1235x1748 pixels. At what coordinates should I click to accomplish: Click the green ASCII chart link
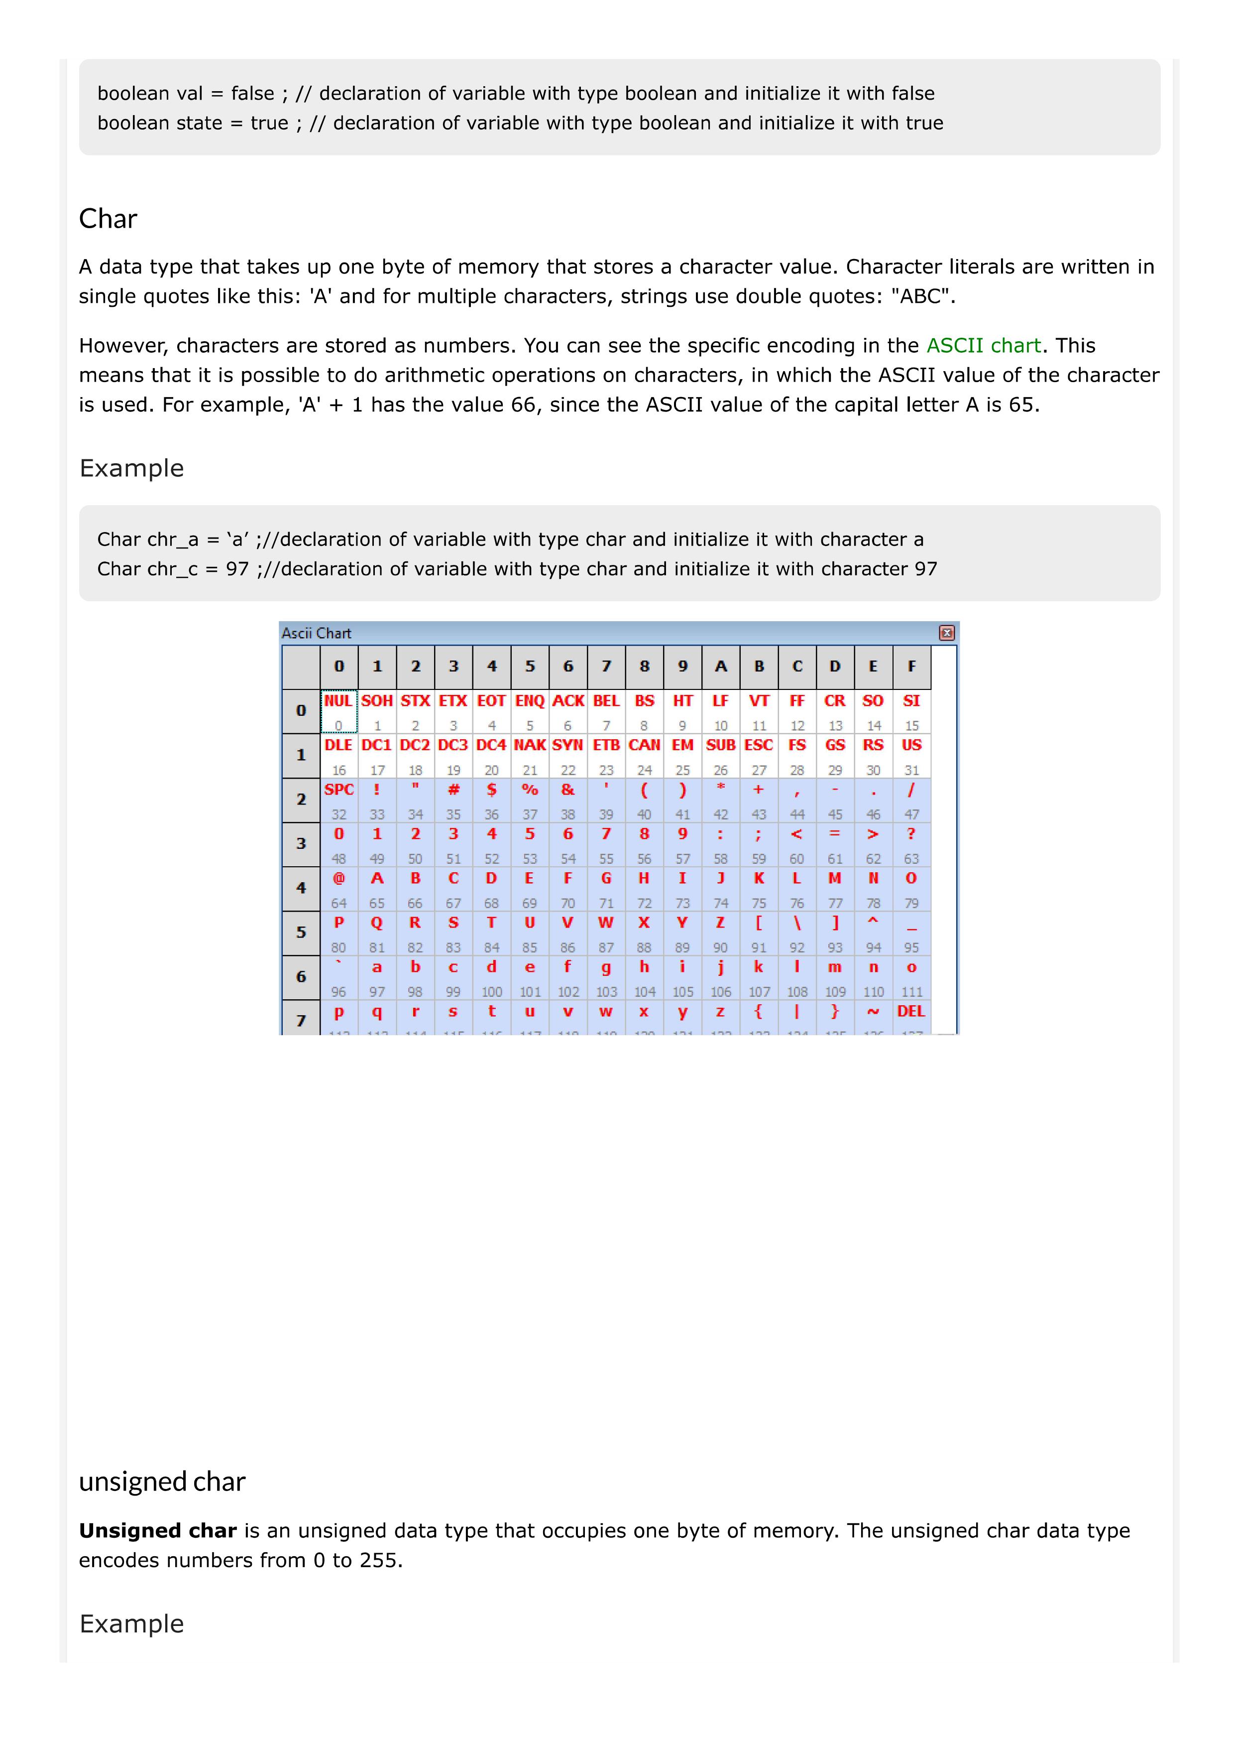(982, 346)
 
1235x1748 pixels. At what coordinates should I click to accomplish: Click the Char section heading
(108, 219)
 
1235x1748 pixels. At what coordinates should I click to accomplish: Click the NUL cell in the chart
(338, 701)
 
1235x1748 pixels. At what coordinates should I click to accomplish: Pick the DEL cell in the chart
(911, 1012)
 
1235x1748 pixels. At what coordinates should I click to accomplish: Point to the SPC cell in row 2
(338, 790)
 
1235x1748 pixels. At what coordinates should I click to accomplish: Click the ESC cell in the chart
(759, 745)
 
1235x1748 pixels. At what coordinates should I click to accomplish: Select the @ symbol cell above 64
(338, 879)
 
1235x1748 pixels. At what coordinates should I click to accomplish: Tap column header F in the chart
(911, 666)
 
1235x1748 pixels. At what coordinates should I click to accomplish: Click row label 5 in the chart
(301, 933)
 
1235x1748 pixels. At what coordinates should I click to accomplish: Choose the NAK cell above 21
(530, 745)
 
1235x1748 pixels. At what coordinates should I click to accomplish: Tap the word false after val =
(253, 94)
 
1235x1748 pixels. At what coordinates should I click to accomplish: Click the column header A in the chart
(721, 666)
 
